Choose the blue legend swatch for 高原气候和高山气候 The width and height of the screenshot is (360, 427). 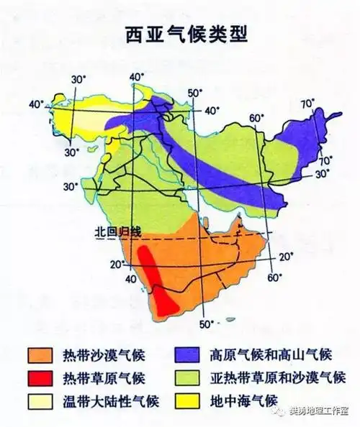click(190, 354)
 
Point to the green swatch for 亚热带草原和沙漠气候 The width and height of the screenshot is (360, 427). click(190, 377)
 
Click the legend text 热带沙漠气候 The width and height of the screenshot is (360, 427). click(114, 354)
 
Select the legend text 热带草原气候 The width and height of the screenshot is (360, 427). click(114, 377)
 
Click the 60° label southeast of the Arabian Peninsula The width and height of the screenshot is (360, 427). click(271, 277)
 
